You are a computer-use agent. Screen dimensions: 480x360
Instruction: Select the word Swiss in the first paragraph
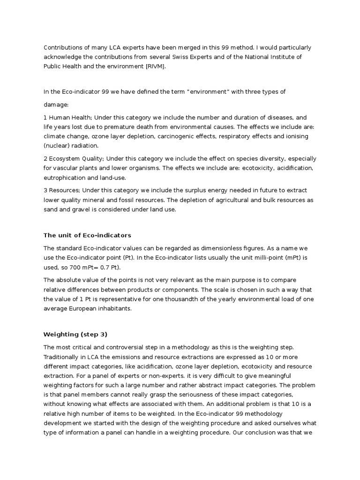[x=217, y=57]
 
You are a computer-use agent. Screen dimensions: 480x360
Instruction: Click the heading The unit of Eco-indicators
[x=87, y=235]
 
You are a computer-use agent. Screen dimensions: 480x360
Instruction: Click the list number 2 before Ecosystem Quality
[x=45, y=159]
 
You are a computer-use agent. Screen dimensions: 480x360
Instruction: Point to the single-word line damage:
[x=56, y=105]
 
